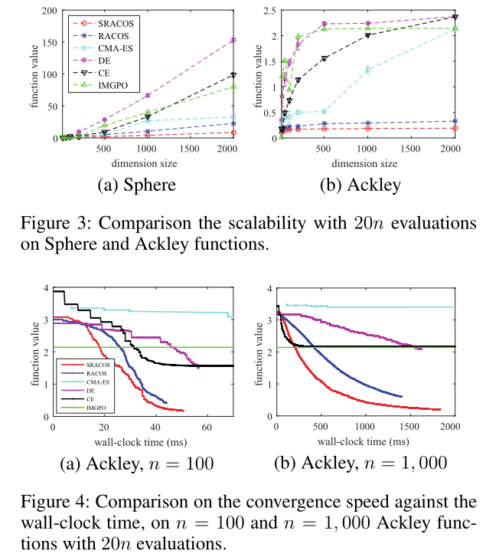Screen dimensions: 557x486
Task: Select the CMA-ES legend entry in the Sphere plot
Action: point(87,48)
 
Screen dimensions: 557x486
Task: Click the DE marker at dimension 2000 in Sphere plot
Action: point(233,40)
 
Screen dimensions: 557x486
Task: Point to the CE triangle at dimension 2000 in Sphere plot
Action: point(233,75)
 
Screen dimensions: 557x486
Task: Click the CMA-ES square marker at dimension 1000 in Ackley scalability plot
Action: point(368,70)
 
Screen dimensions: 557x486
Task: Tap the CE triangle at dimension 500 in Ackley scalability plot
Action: point(324,58)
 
